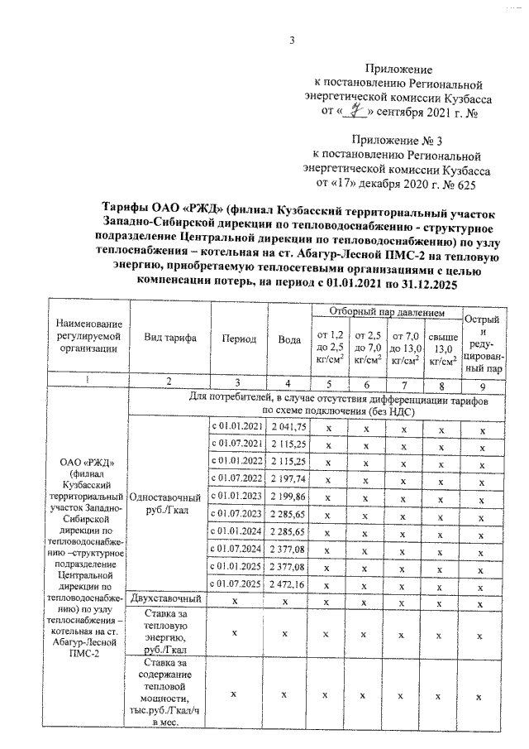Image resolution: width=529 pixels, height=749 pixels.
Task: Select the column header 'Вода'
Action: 288,339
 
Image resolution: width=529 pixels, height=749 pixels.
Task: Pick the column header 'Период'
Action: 238,339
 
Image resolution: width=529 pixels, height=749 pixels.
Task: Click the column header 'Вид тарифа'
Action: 169,339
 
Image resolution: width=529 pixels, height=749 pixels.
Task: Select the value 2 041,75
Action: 288,425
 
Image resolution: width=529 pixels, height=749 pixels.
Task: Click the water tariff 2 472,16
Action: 288,583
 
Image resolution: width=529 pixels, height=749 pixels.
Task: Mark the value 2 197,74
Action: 288,478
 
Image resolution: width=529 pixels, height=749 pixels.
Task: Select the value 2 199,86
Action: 288,496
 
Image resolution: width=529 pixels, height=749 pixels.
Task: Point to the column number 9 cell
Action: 483,385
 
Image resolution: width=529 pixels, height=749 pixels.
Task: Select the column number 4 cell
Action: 288,383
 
